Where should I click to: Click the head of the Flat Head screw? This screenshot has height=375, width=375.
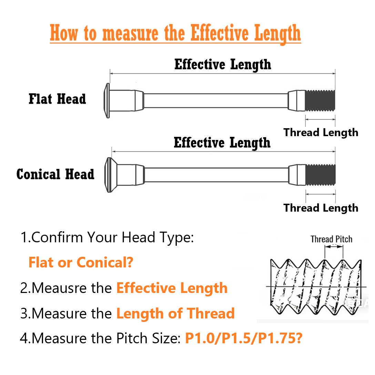(x=107, y=101)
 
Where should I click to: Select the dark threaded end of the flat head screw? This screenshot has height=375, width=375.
(x=320, y=101)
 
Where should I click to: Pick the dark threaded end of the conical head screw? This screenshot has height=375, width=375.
(x=321, y=175)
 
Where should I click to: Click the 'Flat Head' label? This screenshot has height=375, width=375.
(x=57, y=99)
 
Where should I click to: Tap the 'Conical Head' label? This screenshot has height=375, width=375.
(x=55, y=174)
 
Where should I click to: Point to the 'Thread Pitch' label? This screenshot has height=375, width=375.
(x=332, y=239)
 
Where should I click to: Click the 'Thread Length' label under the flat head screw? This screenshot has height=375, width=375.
(x=321, y=133)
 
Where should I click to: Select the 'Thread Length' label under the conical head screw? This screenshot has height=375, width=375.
(x=321, y=208)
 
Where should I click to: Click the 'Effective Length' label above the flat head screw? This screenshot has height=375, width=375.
(x=223, y=64)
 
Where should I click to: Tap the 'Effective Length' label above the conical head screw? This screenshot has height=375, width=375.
(x=222, y=143)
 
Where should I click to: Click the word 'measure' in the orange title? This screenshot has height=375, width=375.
(x=130, y=33)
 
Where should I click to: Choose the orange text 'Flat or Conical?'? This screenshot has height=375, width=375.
(x=81, y=262)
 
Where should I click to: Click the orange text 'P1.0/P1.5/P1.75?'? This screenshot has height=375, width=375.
(x=244, y=338)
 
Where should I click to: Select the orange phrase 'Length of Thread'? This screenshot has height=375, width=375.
(x=175, y=313)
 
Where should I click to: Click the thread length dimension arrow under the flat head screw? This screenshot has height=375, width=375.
(x=320, y=119)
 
